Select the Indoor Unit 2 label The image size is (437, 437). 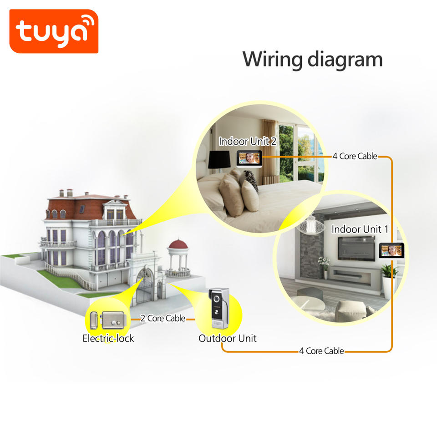point(247,141)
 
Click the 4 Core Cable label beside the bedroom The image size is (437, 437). point(355,156)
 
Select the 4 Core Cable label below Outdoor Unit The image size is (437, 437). point(321,351)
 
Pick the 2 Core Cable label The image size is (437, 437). point(163,318)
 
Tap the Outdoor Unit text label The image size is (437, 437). point(227,338)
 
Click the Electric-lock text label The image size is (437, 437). point(108,338)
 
